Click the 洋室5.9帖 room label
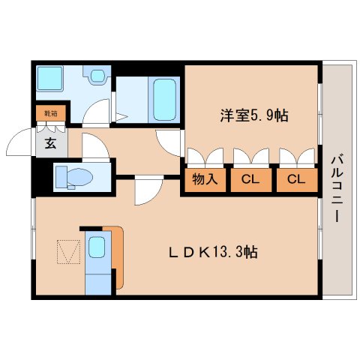tap(254, 116)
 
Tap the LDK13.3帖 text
tap(212, 253)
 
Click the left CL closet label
tap(250, 179)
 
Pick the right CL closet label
tap(296, 179)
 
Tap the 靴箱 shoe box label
tap(50, 114)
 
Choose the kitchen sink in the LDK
tap(97, 247)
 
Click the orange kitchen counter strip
tap(118, 255)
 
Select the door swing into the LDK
tap(147, 192)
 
